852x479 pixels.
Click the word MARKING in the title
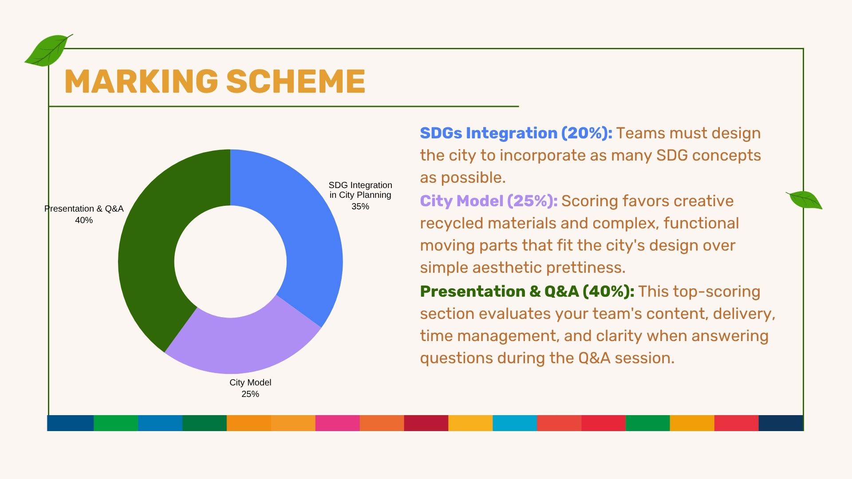click(x=141, y=81)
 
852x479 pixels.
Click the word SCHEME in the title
click(x=296, y=81)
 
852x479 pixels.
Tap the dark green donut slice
click(x=151, y=248)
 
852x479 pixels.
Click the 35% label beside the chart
click(x=360, y=207)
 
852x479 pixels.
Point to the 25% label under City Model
click(x=250, y=394)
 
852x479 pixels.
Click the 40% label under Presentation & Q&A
click(x=84, y=220)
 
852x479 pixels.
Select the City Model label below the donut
click(x=250, y=382)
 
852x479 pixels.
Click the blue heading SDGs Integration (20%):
click(x=516, y=133)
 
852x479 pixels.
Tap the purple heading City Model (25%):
click(x=489, y=201)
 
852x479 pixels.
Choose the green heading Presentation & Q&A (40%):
click(x=527, y=291)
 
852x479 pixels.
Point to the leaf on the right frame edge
click(x=804, y=200)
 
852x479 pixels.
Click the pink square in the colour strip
click(x=337, y=423)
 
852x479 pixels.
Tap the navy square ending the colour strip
click(x=781, y=423)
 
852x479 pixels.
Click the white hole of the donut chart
click(x=230, y=262)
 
